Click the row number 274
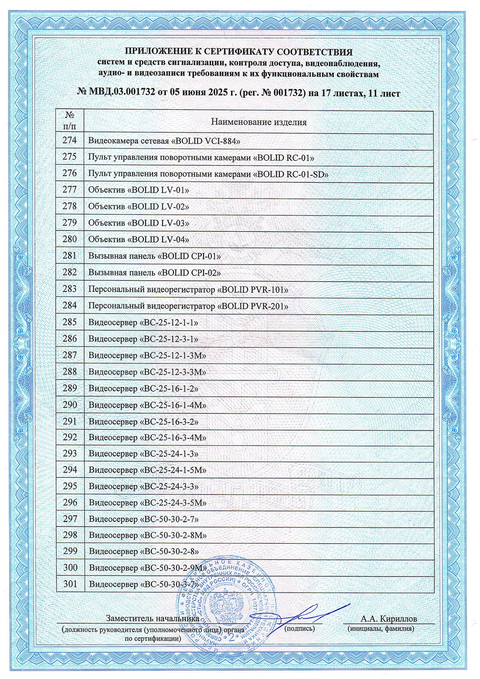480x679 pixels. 69,141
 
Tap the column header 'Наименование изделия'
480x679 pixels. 259,122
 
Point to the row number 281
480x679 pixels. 69,256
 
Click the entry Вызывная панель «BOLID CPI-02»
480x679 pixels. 154,273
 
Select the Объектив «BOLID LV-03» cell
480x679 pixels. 138,223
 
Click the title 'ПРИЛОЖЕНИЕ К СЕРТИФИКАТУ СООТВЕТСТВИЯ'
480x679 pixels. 239,52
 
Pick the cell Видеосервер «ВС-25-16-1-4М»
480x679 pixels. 147,405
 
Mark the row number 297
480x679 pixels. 70,519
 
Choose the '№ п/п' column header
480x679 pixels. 69,120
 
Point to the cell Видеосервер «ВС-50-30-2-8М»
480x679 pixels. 148,536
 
